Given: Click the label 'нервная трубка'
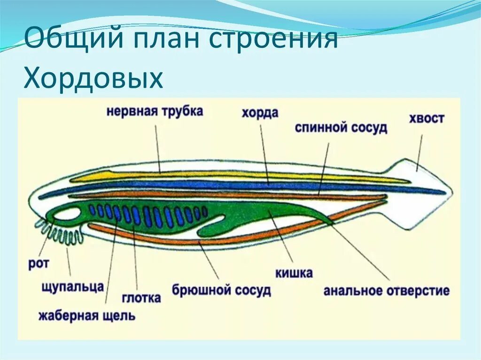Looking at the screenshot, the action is tap(155, 112).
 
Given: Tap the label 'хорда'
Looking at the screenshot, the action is tap(260, 113).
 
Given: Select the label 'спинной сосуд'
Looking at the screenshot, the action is tap(341, 128).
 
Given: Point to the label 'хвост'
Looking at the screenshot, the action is tap(426, 118).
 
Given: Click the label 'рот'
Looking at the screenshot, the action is tap(39, 263).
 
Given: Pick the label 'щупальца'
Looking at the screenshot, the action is tap(72, 286).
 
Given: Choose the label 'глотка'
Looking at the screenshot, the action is tap(141, 298).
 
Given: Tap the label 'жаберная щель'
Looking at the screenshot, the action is tap(87, 315).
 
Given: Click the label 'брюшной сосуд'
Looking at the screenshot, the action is tap(221, 290).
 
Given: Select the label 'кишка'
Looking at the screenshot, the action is tap(295, 273).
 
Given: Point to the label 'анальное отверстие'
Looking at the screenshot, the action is tap(386, 291).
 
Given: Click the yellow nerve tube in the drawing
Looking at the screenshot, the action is tap(235, 176).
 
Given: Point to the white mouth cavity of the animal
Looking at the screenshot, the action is tap(67, 214).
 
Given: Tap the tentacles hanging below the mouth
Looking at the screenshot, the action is tap(62, 232).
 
